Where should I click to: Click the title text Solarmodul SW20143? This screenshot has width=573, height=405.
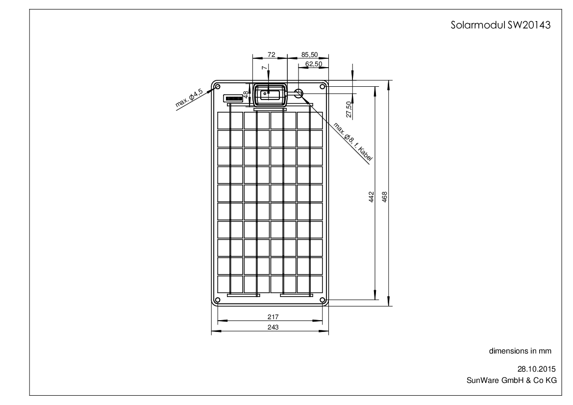click(500, 25)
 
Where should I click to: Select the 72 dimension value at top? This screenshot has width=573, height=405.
click(271, 54)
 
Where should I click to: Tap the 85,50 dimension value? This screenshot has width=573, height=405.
click(309, 54)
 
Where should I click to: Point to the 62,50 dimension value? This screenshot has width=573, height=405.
click(314, 64)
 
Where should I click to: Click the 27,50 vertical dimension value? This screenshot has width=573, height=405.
click(349, 110)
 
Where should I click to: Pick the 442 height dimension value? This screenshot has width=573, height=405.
click(371, 197)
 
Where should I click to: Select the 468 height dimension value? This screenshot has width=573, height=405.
click(384, 197)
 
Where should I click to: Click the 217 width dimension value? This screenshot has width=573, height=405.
click(273, 317)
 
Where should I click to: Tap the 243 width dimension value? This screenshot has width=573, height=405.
click(273, 327)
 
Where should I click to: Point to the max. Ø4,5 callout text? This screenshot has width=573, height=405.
click(189, 97)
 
